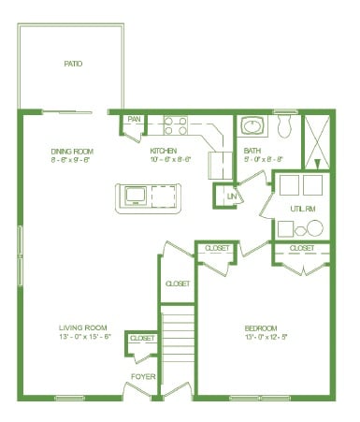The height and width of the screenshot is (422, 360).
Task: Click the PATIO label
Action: pyautogui.click(x=73, y=65)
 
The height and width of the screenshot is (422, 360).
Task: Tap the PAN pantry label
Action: pyautogui.click(x=134, y=120)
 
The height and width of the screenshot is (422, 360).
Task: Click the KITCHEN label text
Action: pyautogui.click(x=165, y=150)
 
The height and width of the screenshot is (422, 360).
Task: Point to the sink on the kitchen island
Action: pyautogui.click(x=135, y=196)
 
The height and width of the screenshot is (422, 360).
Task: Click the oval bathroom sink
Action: pyautogui.click(x=251, y=125)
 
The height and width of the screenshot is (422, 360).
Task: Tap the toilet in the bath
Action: pyautogui.click(x=286, y=124)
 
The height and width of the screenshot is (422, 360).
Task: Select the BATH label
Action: pyautogui.click(x=252, y=150)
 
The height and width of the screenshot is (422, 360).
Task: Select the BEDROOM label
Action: pyautogui.click(x=260, y=327)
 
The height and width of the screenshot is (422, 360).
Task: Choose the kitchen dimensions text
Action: pyautogui.click(x=171, y=159)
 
